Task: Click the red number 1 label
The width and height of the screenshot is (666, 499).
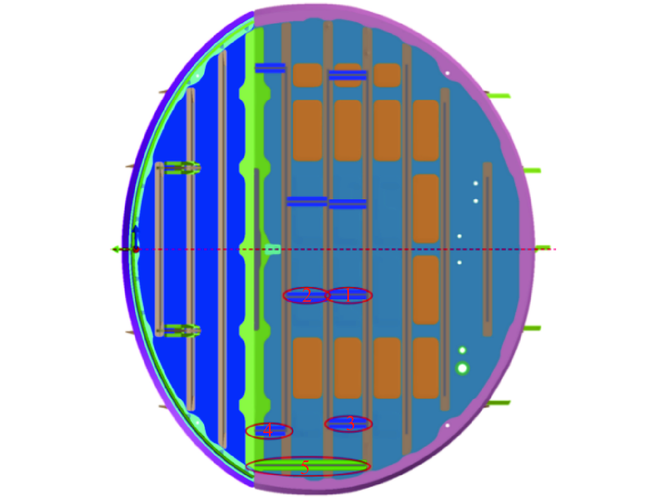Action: pyautogui.click(x=348, y=295)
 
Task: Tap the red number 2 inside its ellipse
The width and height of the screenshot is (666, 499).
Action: pyautogui.click(x=307, y=295)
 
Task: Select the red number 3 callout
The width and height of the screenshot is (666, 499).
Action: pyautogui.click(x=350, y=423)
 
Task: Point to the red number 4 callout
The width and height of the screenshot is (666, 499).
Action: pyautogui.click(x=268, y=430)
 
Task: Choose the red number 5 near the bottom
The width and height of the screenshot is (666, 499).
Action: pyautogui.click(x=305, y=467)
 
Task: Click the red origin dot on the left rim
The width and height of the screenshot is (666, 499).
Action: pyautogui.click(x=136, y=250)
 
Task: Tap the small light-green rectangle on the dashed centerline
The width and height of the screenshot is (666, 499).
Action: pyautogui.click(x=273, y=249)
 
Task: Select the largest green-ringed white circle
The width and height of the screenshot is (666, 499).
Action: pyautogui.click(x=462, y=369)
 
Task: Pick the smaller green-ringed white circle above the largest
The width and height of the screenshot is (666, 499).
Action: pyautogui.click(x=462, y=350)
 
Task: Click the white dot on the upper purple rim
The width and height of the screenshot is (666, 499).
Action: pyautogui.click(x=448, y=73)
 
